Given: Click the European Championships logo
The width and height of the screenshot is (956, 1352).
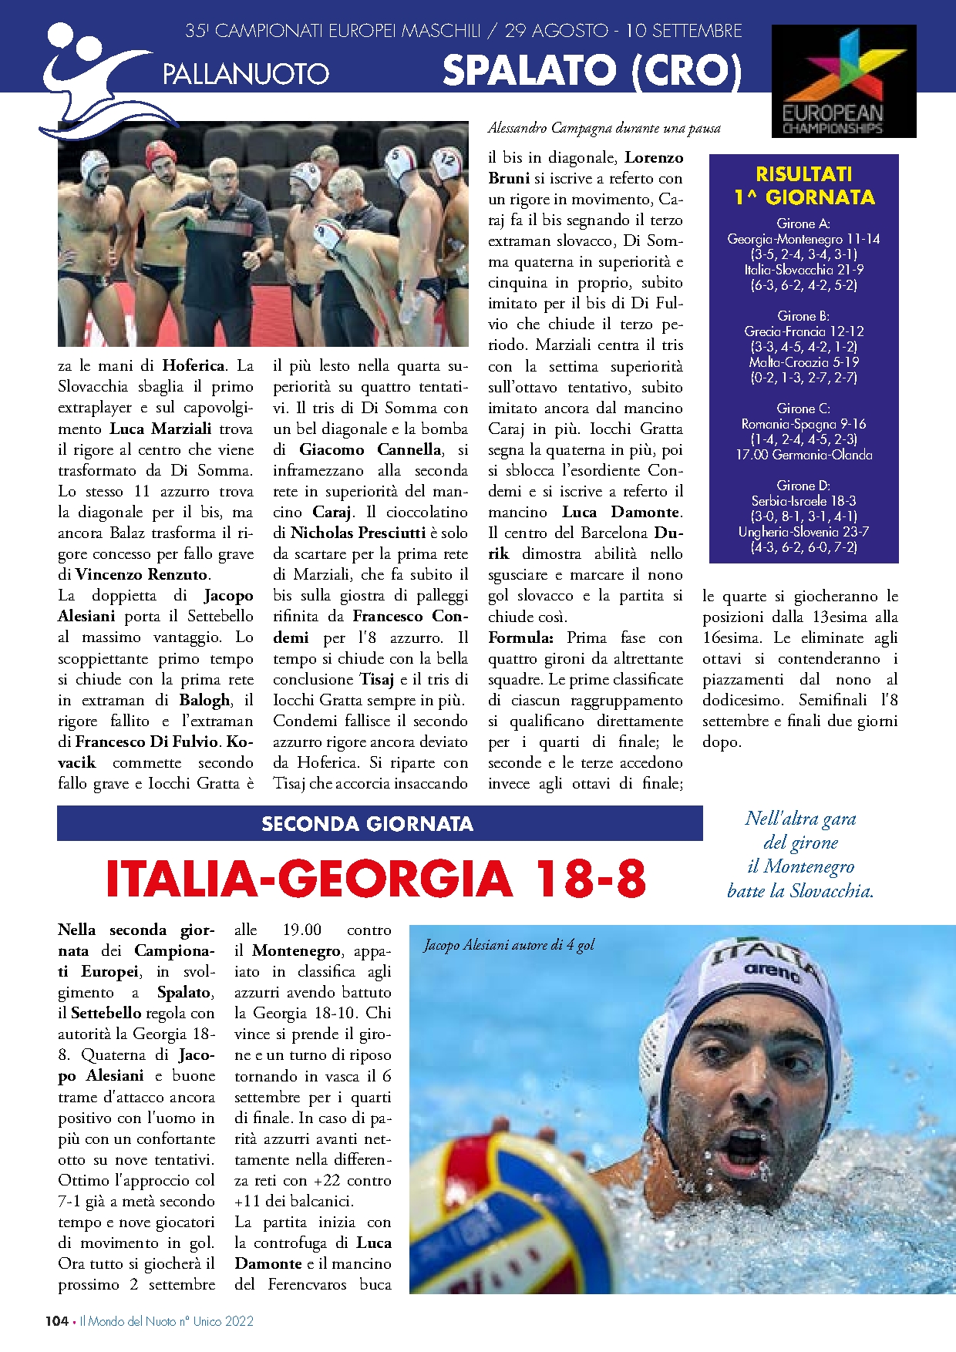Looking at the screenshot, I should (843, 82).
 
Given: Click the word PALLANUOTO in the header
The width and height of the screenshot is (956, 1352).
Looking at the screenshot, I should (246, 74).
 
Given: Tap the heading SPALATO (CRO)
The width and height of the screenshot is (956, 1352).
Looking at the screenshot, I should (592, 71).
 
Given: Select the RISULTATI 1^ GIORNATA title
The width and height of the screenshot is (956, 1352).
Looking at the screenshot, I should (804, 186).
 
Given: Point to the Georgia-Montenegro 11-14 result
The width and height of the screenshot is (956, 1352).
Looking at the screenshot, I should (803, 239).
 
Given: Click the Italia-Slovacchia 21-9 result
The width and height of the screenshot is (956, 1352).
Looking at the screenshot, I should (803, 270).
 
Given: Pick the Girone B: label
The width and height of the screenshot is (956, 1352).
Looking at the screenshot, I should (803, 316).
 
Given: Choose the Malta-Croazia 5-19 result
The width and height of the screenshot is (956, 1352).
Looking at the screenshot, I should (803, 362).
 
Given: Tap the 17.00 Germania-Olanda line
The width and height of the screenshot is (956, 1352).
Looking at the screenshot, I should (803, 455).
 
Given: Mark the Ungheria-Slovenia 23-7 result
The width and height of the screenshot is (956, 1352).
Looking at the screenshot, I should (803, 532).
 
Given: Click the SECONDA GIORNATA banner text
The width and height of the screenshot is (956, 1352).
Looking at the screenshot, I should (367, 824).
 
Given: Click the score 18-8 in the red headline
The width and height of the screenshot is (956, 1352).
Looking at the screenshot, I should (588, 879).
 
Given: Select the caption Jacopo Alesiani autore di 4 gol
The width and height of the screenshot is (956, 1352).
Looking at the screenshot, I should (509, 945).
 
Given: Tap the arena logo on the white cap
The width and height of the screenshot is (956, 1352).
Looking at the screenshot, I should (773, 973).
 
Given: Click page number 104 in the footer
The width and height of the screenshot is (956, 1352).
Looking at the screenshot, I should (56, 1321).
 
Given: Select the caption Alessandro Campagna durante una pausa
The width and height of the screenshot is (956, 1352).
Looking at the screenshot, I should (604, 128).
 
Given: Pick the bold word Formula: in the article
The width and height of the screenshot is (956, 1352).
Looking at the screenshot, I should (520, 637).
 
